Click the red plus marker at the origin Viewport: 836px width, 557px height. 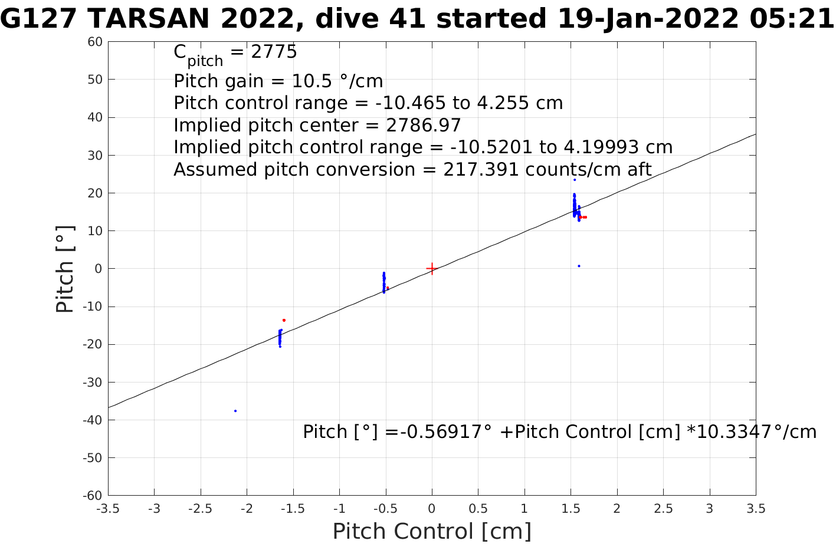432,269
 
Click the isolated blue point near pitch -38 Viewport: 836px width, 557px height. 235,411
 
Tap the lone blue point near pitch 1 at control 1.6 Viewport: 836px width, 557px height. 579,266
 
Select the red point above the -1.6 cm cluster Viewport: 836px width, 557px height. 284,320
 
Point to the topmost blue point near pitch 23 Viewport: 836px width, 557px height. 574,180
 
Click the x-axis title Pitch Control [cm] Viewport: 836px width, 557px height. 432,531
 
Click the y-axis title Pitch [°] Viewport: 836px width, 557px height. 65,269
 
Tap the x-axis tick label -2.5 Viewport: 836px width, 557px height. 200,509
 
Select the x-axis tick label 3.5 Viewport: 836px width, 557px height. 756,509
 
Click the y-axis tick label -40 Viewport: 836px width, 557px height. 93,420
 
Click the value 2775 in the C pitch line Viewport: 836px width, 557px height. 274,52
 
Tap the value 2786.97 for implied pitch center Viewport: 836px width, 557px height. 423,126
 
